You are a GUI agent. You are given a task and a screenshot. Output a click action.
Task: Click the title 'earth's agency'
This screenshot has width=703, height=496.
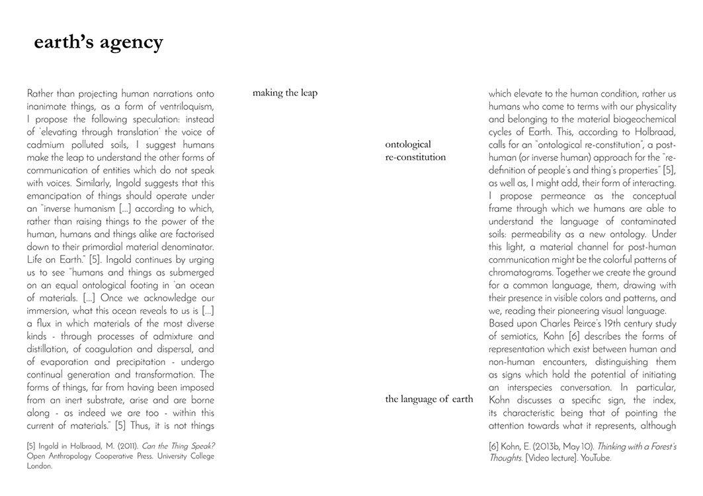point(99,42)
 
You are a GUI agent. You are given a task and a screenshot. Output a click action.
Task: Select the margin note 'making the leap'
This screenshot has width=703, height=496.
point(285,93)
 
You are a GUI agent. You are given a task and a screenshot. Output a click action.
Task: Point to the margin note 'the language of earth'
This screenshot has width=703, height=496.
point(429,399)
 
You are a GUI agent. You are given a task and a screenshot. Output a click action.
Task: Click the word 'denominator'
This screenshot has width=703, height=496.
point(185,246)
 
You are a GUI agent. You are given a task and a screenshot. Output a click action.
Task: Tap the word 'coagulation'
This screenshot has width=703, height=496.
point(124,348)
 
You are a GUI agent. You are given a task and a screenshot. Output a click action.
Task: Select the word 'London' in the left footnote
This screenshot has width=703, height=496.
point(39,466)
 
